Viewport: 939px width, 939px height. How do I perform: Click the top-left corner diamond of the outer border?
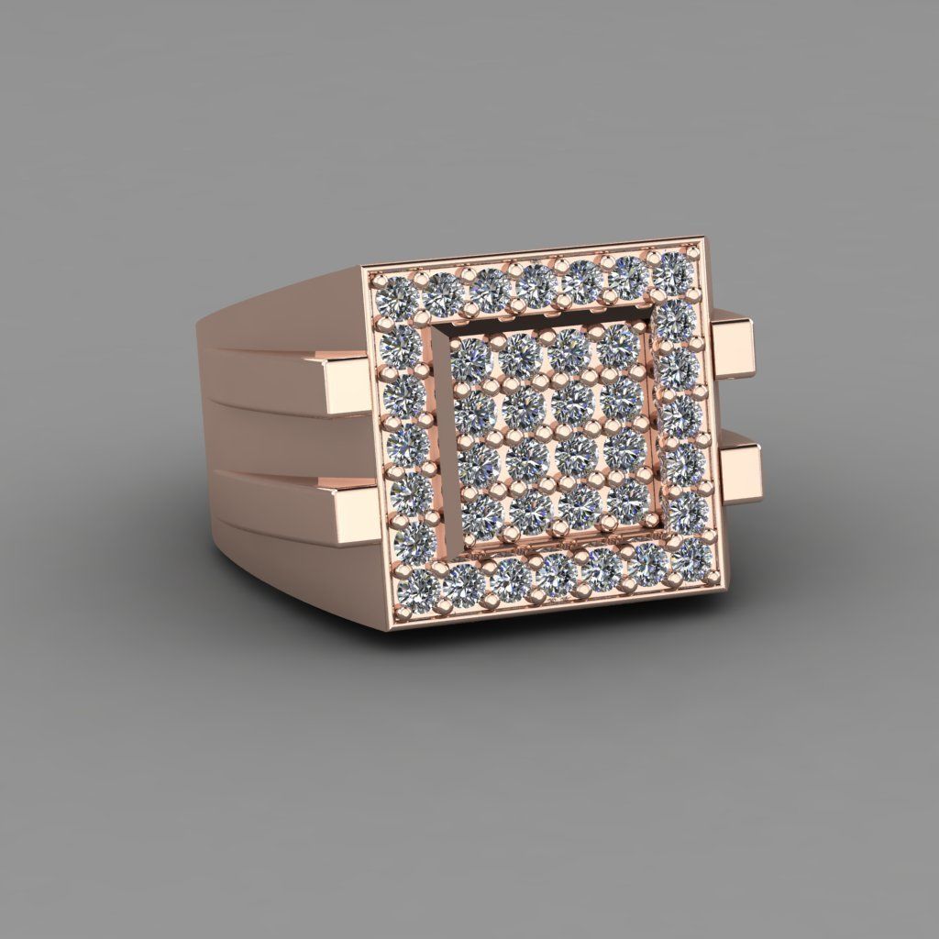(395, 295)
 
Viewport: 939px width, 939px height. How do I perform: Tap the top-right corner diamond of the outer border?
(674, 270)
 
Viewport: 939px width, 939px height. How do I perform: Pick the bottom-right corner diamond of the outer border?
(694, 555)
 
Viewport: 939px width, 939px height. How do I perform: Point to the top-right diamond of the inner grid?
(619, 340)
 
